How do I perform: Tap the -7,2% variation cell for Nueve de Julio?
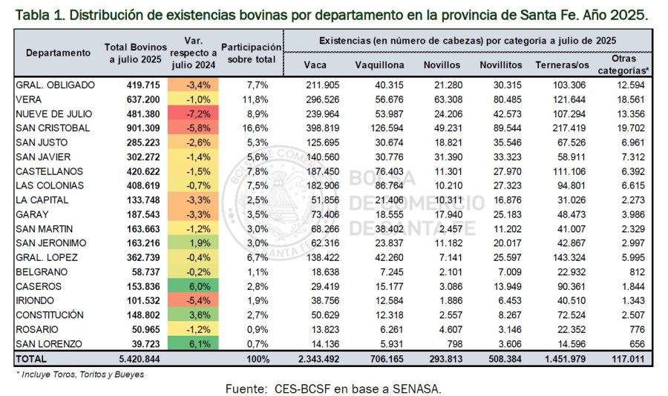coord(192,113)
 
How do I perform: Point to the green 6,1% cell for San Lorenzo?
coord(192,344)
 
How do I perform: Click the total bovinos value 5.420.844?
coord(134,359)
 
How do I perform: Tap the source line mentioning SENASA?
coord(333,388)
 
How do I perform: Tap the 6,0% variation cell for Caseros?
coord(192,286)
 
